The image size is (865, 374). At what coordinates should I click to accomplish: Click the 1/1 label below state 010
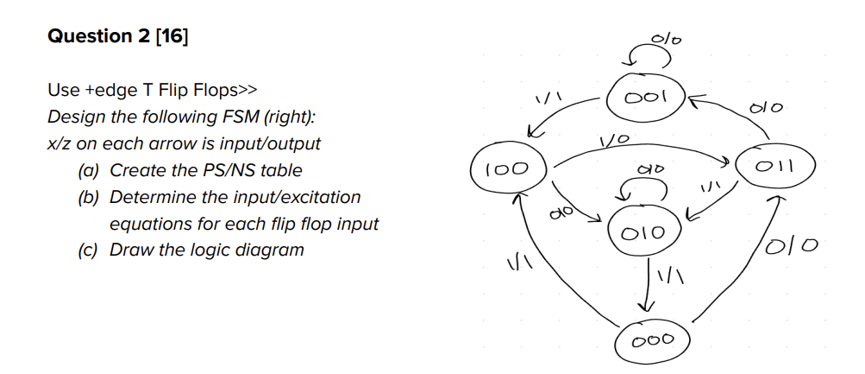click(x=670, y=278)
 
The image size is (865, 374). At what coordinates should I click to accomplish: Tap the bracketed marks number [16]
click(x=169, y=36)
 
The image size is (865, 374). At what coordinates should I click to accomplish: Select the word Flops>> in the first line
click(x=227, y=91)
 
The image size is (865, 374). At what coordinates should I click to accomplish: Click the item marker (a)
click(x=90, y=170)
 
